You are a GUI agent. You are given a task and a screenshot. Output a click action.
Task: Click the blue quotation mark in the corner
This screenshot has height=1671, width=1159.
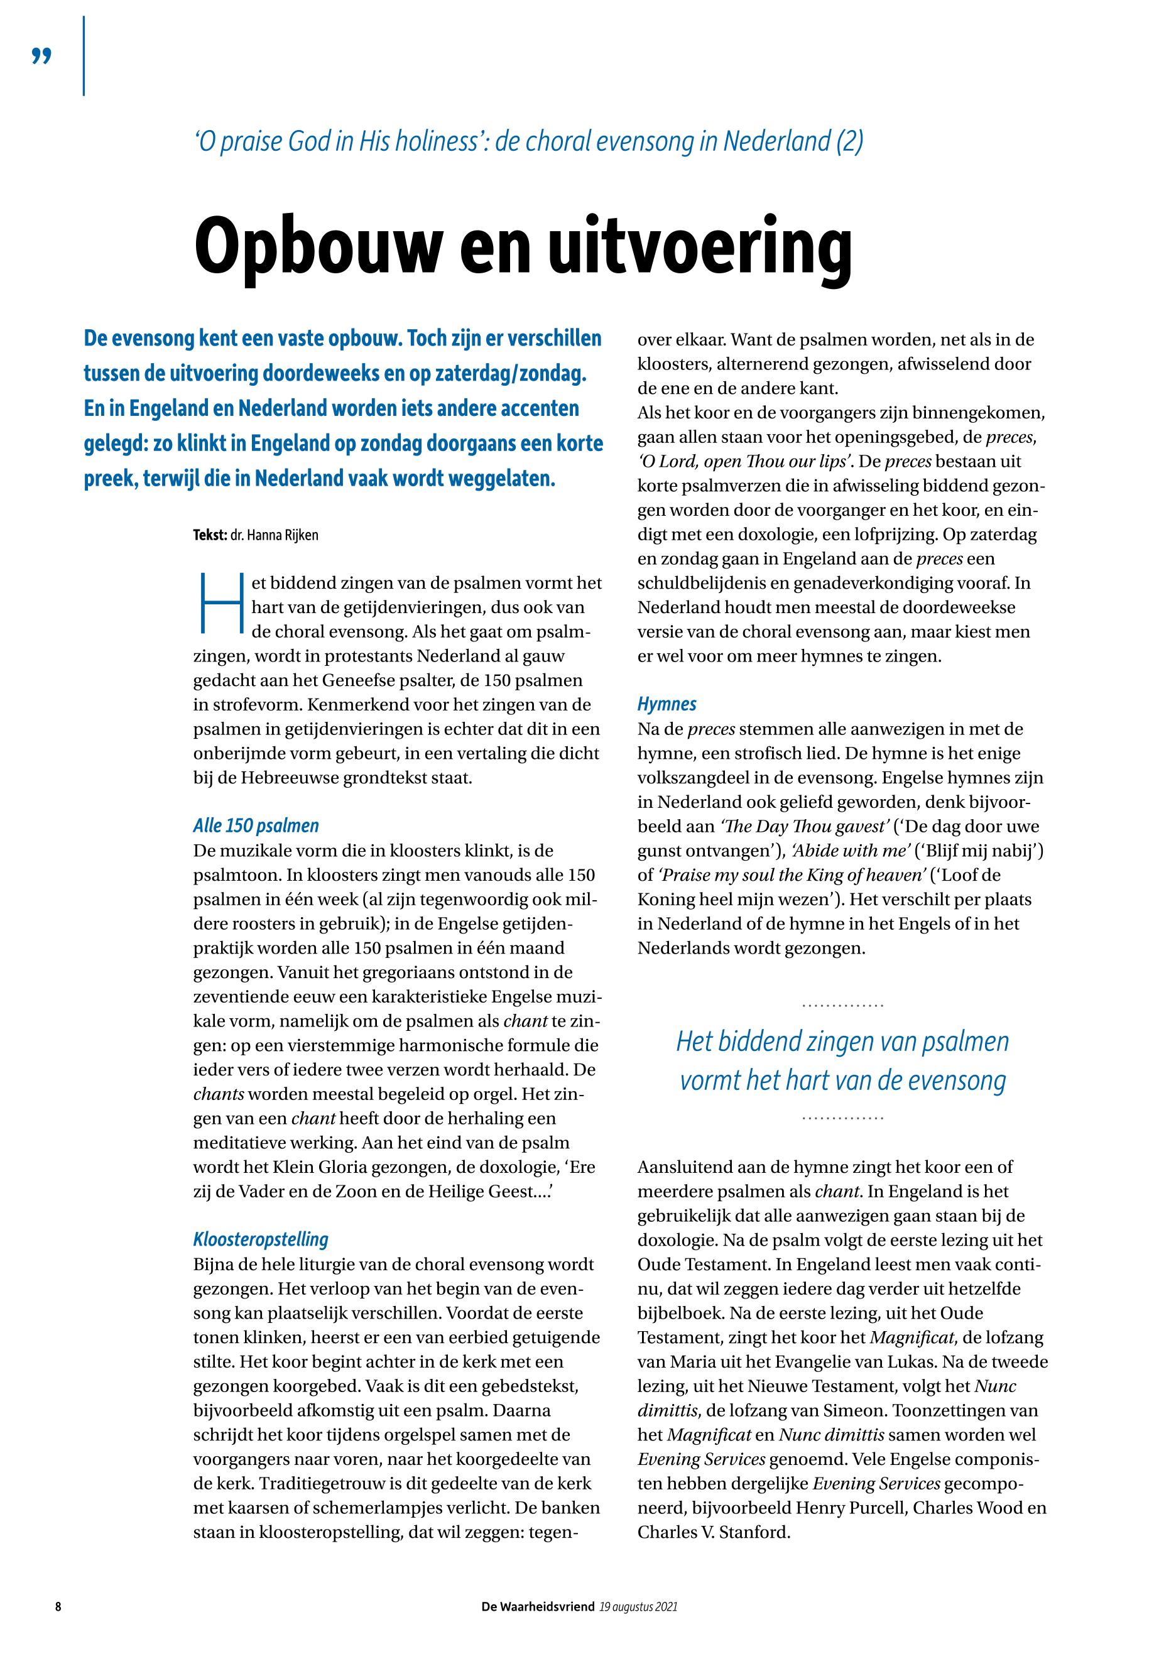coord(42,56)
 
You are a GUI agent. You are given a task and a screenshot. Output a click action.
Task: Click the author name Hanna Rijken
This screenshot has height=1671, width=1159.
coord(274,536)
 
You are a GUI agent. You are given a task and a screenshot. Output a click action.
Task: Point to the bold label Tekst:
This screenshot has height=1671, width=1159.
coord(210,536)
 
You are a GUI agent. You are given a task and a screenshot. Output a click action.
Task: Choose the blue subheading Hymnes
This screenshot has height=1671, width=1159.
coord(667,704)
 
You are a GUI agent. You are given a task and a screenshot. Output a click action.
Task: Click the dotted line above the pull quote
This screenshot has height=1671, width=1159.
coord(842,1006)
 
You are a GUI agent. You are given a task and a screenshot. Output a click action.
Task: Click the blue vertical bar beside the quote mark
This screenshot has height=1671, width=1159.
coord(84,56)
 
